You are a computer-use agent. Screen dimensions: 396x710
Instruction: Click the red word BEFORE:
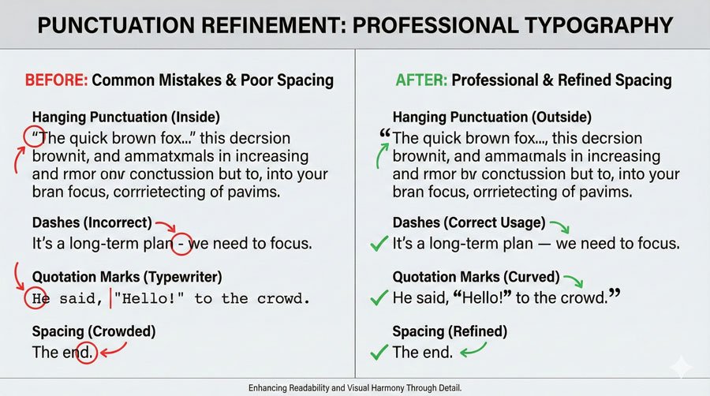(x=56, y=80)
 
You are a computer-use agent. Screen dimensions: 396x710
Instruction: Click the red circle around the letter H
(x=34, y=299)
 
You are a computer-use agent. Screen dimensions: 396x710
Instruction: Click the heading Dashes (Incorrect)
(x=93, y=223)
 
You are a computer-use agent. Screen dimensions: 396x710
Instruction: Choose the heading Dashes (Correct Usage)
(x=469, y=223)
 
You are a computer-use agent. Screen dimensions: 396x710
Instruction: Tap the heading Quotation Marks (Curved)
(x=476, y=277)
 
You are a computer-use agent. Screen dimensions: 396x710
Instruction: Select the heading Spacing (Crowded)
(x=94, y=331)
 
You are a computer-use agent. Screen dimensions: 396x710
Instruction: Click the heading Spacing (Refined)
(x=450, y=331)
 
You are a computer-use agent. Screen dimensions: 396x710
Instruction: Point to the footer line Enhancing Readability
(x=354, y=388)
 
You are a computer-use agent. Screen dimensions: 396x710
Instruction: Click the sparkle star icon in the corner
(x=679, y=366)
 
